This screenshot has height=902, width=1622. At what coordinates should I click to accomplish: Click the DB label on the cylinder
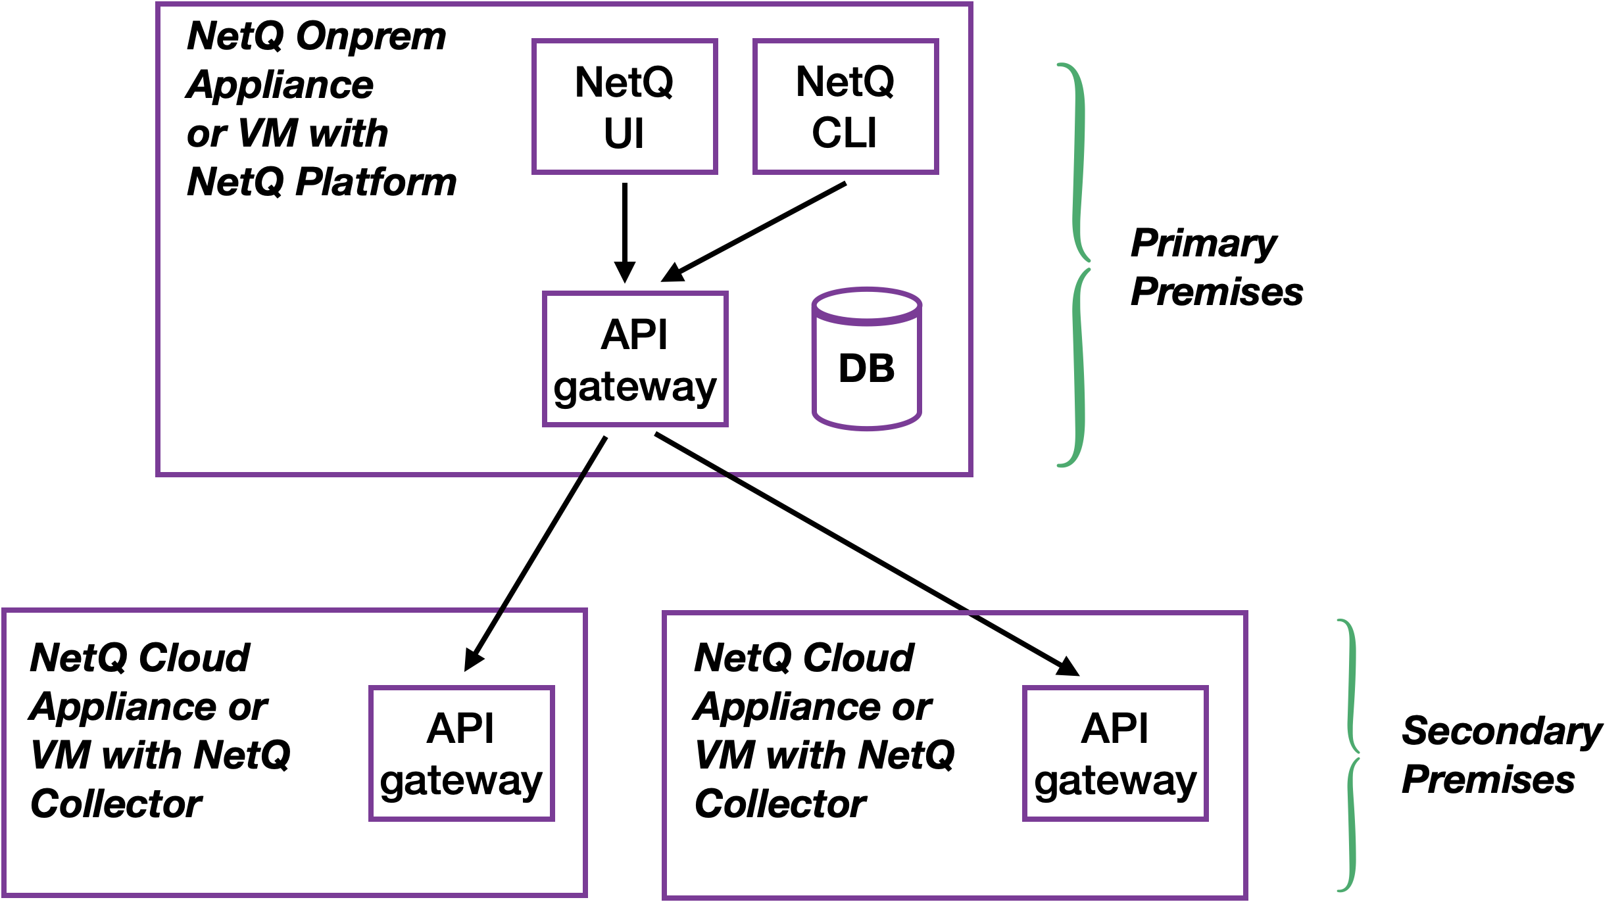tap(866, 368)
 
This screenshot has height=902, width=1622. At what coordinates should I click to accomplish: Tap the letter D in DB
tap(853, 368)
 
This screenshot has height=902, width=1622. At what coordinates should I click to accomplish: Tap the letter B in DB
tap(882, 368)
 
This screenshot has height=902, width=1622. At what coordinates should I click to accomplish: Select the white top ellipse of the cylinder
tap(866, 306)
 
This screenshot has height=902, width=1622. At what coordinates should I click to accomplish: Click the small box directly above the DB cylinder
tap(845, 107)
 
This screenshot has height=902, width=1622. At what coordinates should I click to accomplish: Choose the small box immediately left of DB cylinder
tap(635, 359)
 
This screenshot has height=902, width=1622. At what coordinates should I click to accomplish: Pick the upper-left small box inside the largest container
tap(624, 107)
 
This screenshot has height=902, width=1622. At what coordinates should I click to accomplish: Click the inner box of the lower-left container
tap(461, 753)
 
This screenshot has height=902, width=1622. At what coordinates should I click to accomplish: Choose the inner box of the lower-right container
tap(1115, 753)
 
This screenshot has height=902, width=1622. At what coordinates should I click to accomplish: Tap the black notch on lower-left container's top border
tap(501, 611)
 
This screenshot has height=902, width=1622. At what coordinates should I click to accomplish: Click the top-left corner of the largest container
tap(159, 5)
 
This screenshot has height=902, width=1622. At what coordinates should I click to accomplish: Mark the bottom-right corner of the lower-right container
tap(1246, 897)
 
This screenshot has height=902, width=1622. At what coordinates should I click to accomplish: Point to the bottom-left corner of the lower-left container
tap(5, 895)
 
